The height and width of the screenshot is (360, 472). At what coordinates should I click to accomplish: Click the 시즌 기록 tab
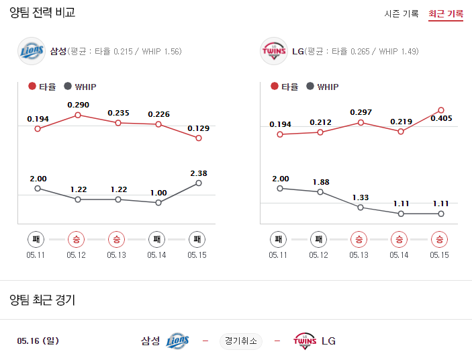pyautogui.click(x=402, y=13)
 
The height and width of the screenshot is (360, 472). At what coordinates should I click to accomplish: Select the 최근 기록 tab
pyautogui.click(x=446, y=13)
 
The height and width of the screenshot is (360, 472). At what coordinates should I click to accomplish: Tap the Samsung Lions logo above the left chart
pyautogui.click(x=32, y=51)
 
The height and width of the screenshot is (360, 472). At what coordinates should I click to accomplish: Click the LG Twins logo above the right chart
pyautogui.click(x=273, y=51)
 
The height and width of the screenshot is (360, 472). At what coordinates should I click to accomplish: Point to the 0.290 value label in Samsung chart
pyautogui.click(x=78, y=105)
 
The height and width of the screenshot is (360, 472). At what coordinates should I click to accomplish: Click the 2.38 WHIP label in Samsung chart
pyautogui.click(x=198, y=173)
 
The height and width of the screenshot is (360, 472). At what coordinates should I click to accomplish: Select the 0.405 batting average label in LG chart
pyautogui.click(x=441, y=118)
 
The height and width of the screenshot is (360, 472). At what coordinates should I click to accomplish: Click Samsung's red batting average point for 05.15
pyautogui.click(x=198, y=138)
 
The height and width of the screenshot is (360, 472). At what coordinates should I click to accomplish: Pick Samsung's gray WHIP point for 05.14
pyautogui.click(x=158, y=202)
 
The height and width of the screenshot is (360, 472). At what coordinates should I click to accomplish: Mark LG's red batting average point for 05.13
pyautogui.click(x=361, y=123)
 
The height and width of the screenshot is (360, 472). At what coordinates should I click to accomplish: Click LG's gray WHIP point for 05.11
pyautogui.click(x=280, y=188)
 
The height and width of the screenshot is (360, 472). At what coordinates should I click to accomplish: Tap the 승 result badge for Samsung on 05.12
pyautogui.click(x=77, y=238)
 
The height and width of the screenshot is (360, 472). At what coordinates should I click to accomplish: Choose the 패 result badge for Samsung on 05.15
pyautogui.click(x=197, y=238)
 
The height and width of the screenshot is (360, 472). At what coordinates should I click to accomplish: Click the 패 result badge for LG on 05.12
pyautogui.click(x=318, y=238)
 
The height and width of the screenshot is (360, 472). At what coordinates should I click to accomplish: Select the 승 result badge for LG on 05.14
pyautogui.click(x=399, y=238)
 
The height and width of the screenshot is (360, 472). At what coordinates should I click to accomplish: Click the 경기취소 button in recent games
pyautogui.click(x=241, y=341)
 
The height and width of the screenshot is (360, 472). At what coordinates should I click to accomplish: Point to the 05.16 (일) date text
pyautogui.click(x=38, y=341)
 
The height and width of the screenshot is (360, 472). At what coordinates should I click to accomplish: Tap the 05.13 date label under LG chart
pyautogui.click(x=359, y=255)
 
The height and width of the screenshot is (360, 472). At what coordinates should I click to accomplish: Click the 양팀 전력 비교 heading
pyautogui.click(x=42, y=13)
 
